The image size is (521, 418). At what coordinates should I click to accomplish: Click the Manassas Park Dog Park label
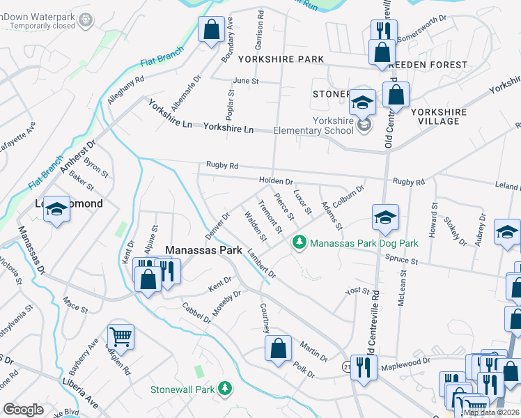pyautogui.click(x=364, y=243)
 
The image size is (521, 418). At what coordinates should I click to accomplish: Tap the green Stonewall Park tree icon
pyautogui.click(x=224, y=387)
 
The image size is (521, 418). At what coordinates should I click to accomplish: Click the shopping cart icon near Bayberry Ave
pyautogui.click(x=120, y=338)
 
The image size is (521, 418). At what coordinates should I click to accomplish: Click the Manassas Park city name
pyautogui.click(x=203, y=249)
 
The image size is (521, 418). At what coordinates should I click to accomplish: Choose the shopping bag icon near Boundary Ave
pyautogui.click(x=210, y=31)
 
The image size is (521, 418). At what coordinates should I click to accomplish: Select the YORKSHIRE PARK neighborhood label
pyautogui.click(x=281, y=59)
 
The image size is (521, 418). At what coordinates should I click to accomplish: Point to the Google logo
pyautogui.click(x=23, y=410)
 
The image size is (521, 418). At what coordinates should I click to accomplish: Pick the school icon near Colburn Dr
pyautogui.click(x=384, y=217)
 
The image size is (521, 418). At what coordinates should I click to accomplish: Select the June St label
pyautogui.click(x=245, y=81)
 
